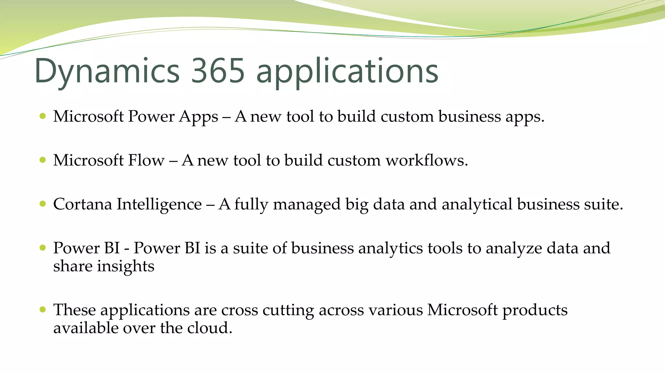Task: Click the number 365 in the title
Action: tap(218, 71)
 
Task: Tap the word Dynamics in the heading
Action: tap(107, 71)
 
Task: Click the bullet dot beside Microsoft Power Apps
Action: tap(43, 116)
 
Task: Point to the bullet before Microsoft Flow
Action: tap(43, 160)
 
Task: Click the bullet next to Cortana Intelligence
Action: tap(43, 204)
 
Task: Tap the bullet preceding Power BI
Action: tap(43, 248)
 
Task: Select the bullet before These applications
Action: tap(43, 309)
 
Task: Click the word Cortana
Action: tap(82, 204)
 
